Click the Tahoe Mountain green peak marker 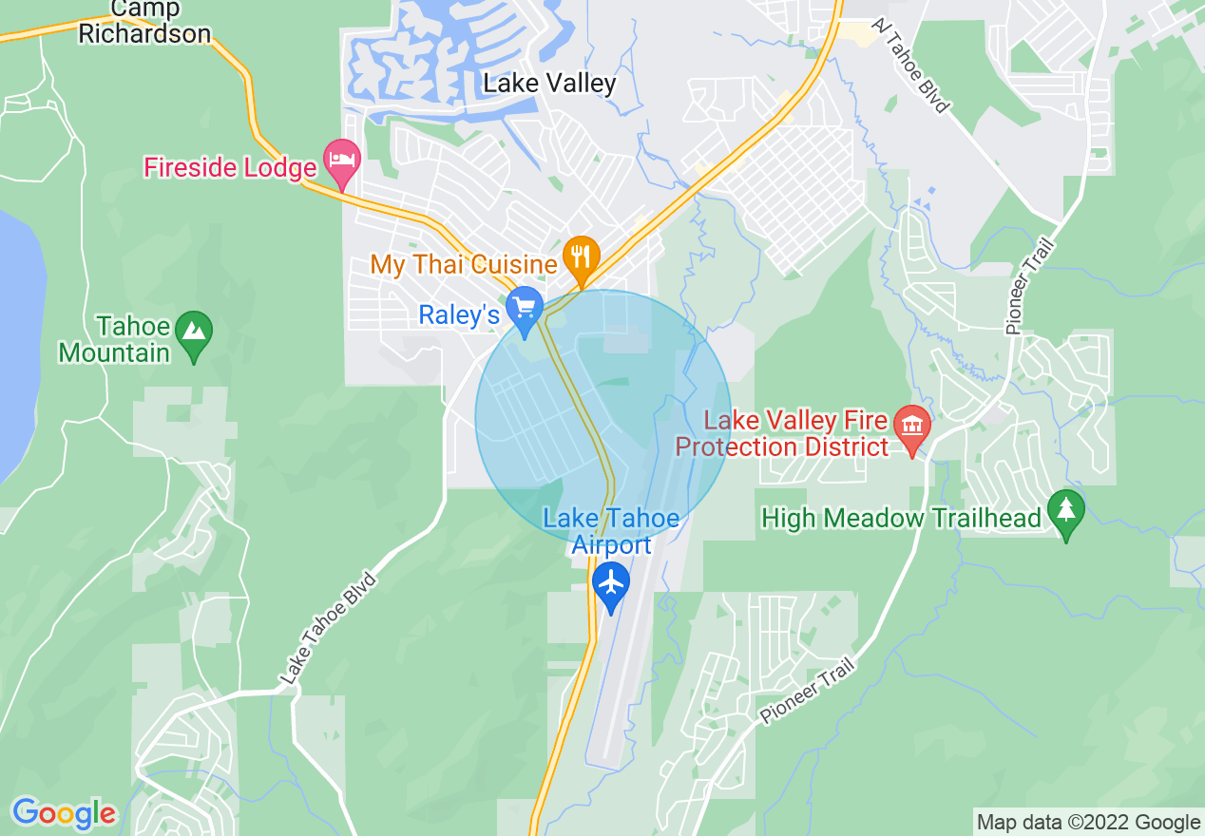tap(194, 332)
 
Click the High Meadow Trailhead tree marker tap(1065, 512)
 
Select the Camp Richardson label tap(144, 22)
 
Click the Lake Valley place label tap(549, 83)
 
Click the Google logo tap(64, 813)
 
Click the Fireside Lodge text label tap(230, 168)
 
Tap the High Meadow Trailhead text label tap(902, 518)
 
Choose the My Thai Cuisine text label tap(464, 263)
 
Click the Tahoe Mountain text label tap(114, 340)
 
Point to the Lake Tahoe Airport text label tap(611, 531)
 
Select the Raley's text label tap(459, 315)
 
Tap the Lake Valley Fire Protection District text tap(783, 433)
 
